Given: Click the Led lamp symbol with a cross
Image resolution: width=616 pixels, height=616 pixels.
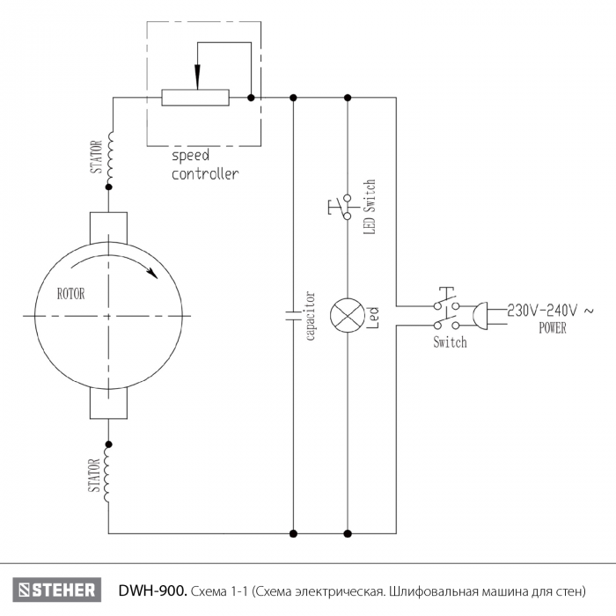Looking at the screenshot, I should coord(348,314).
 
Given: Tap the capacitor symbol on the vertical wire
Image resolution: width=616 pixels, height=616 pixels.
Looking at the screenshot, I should coord(293,314).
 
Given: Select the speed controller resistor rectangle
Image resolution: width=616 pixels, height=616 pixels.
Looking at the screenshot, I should coord(195,98).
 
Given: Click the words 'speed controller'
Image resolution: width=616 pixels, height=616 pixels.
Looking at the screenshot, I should coord(204,165).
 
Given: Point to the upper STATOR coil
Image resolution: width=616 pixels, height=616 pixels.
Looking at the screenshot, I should coord(110,158).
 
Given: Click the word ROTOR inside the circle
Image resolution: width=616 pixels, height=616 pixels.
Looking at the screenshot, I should coord(70,294).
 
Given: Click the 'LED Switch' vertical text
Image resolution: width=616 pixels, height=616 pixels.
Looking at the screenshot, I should coord(370,207).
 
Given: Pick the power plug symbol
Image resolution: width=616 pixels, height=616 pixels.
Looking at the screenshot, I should coord(480,314).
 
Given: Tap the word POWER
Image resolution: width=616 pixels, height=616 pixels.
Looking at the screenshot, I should coord(552,328).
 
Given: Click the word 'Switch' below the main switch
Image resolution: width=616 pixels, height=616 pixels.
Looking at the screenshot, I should coord(450,342).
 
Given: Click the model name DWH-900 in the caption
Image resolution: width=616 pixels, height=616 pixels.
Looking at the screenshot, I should coord(152,590).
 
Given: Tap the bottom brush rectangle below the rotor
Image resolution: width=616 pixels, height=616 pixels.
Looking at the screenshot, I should coord(108,402).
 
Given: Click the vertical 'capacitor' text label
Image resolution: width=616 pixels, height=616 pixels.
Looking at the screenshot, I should coord(311,316).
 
